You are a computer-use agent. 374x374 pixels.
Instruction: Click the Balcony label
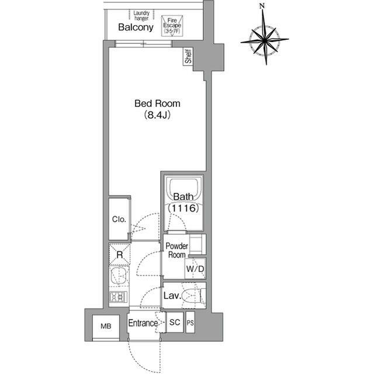click(136, 27)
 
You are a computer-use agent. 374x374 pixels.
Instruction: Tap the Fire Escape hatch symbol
click(172, 26)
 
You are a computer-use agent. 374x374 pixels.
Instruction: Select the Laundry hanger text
click(141, 16)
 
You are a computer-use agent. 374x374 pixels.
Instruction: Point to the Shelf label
click(188, 56)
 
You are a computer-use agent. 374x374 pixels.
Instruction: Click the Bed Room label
click(157, 103)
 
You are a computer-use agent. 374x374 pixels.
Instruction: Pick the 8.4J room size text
click(157, 115)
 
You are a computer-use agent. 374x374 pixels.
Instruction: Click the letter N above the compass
click(262, 6)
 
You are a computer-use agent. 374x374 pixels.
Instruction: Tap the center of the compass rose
click(265, 40)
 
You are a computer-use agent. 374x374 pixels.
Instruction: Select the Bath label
click(183, 197)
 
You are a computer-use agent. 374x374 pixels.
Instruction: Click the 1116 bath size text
click(183, 208)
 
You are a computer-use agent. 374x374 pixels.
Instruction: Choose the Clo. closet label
click(119, 219)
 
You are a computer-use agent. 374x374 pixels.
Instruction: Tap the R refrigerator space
click(119, 255)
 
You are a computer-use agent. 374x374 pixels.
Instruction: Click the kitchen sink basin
click(119, 276)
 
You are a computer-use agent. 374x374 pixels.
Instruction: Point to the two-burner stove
click(118, 297)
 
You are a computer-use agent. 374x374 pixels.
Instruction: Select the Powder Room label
click(176, 250)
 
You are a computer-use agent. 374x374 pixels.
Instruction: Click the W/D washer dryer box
click(195, 269)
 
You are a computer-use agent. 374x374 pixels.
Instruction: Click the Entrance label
click(143, 323)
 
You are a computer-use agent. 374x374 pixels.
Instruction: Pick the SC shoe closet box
click(175, 322)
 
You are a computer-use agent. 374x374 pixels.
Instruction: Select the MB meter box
click(106, 326)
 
